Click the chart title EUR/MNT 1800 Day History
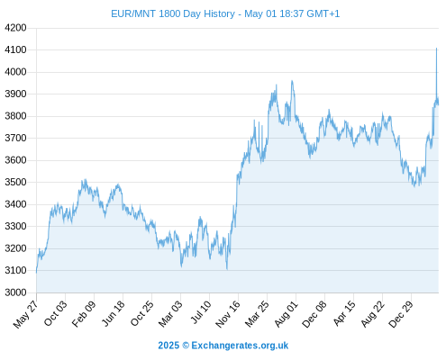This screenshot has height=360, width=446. coord(173,13)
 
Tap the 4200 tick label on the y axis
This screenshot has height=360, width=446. coord(15,28)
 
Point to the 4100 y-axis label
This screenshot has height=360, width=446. coord(15,49)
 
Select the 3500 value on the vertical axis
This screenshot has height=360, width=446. coord(15,182)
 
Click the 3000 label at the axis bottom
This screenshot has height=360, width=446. coord(15,292)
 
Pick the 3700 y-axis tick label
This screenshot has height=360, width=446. coord(15,138)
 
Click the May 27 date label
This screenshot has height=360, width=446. coord(26,314)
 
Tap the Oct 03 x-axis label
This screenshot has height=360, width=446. coord(56,313)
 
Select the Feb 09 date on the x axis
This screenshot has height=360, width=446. coord(84,313)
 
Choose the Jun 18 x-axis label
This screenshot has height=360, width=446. coord(113,313)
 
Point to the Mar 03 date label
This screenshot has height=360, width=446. coord(170,313)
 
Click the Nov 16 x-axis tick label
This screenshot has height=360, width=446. coord(228,314)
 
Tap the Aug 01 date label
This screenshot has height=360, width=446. coord(287,313)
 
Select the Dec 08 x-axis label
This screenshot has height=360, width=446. coord(314,314)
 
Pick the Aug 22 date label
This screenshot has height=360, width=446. coord(373,313)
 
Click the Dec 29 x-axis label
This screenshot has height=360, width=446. coord(401,314)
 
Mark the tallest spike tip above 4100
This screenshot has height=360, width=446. coord(436,48)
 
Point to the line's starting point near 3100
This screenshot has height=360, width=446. coord(37,273)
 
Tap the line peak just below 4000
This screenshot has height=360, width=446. coord(292,81)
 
